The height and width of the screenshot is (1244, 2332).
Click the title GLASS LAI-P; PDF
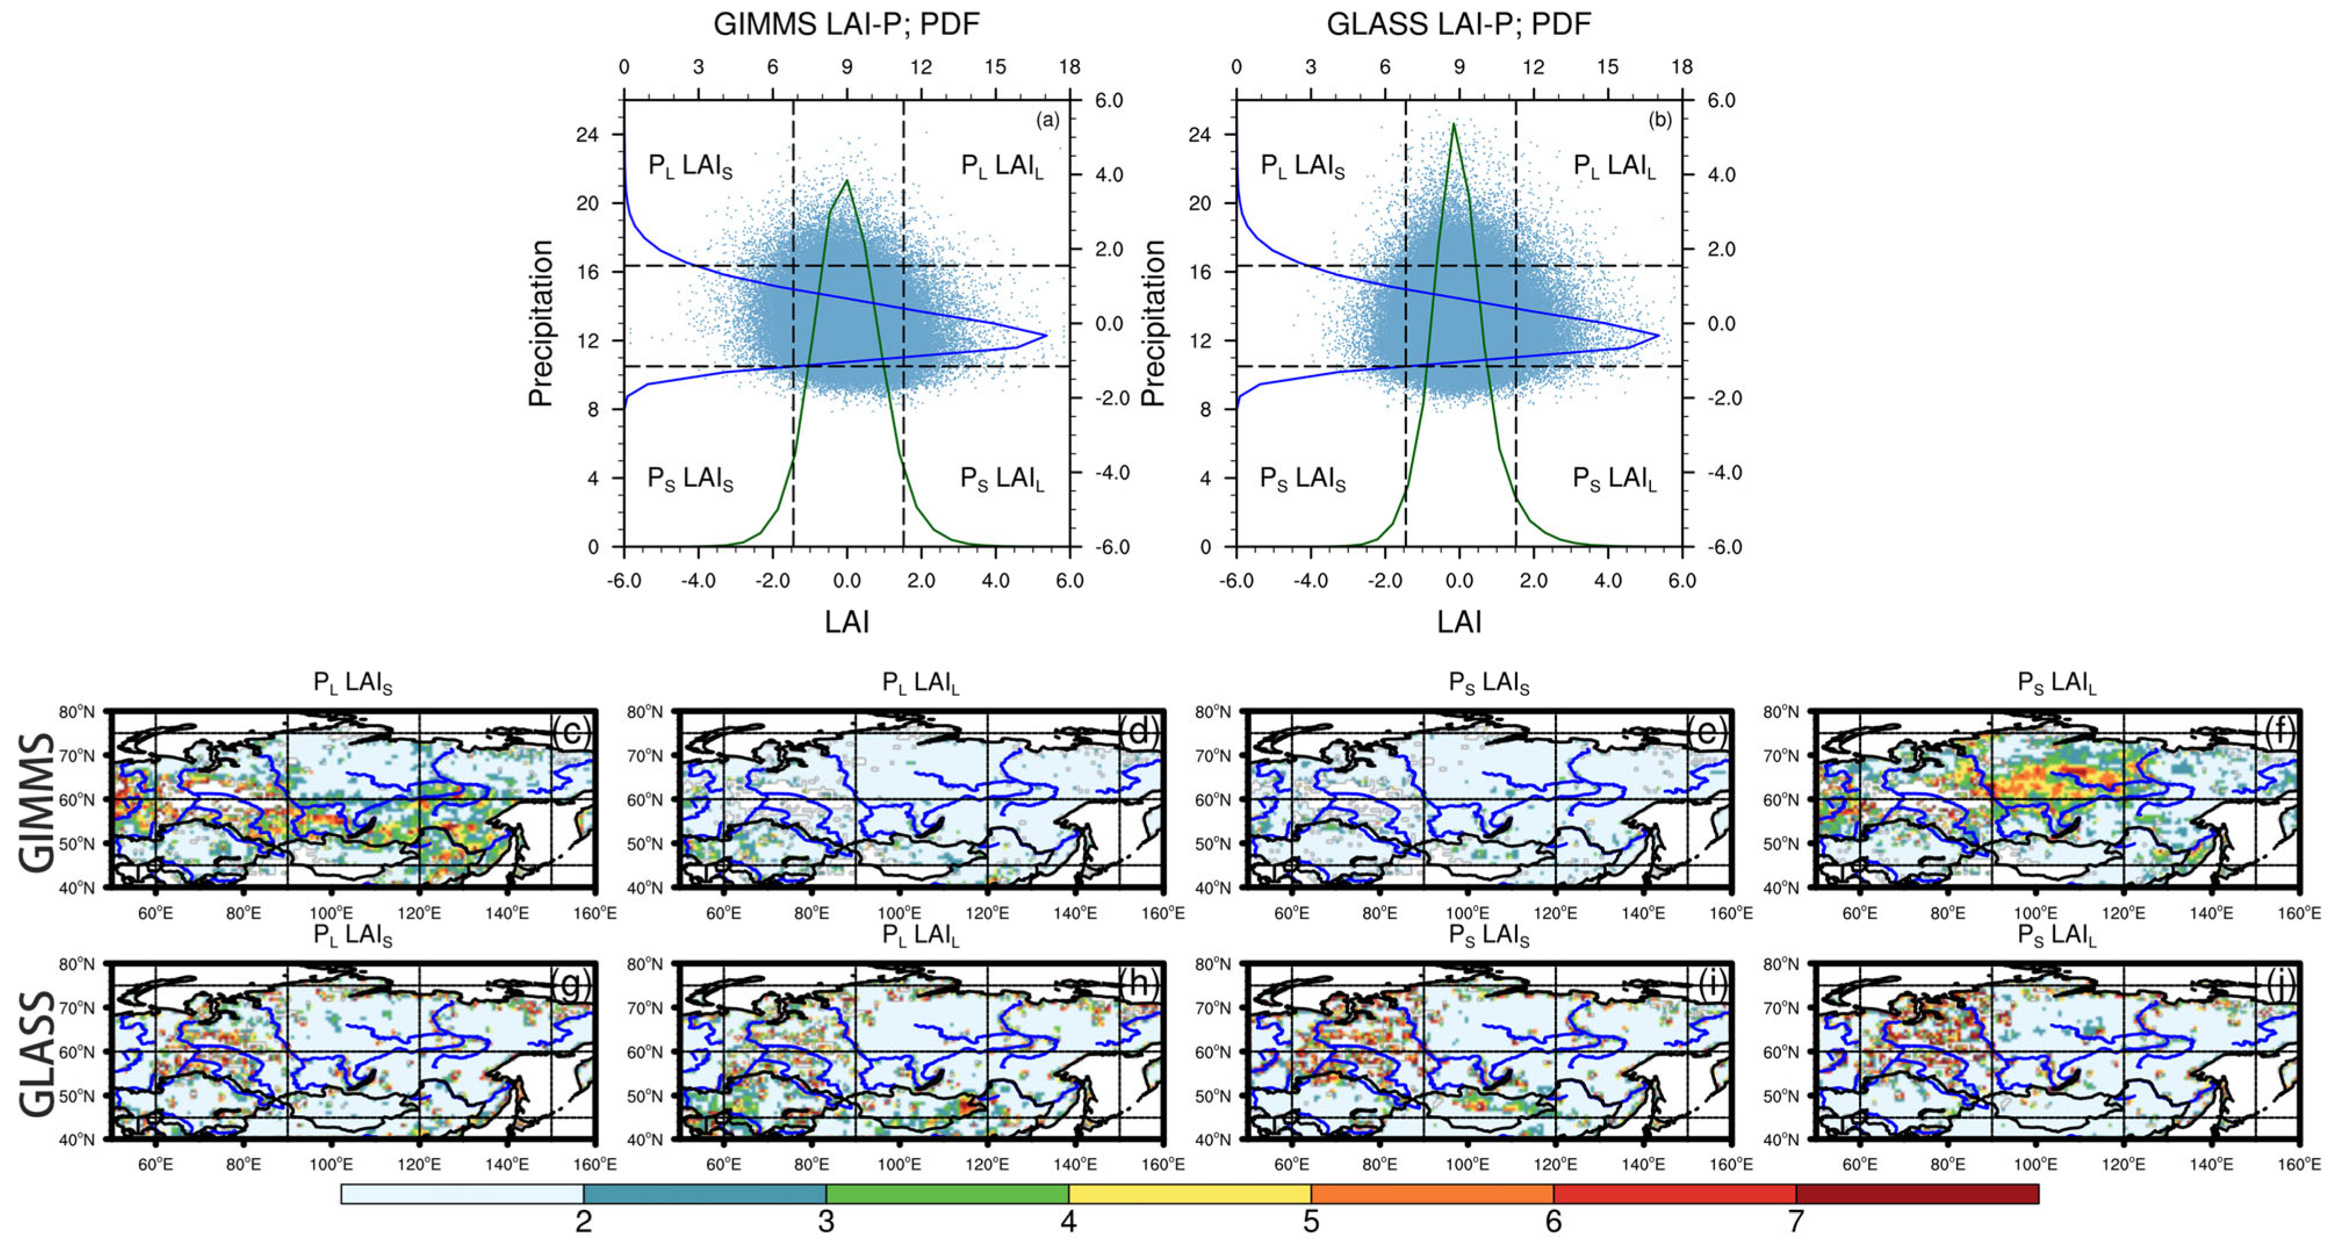(x=1458, y=24)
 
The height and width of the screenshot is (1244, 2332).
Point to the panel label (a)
(x=1047, y=120)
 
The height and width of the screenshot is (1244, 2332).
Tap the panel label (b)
(x=1659, y=120)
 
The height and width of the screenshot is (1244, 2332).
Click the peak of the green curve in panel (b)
(x=1453, y=124)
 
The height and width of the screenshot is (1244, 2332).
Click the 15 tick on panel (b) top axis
(x=1607, y=67)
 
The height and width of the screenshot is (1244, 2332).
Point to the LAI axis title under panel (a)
(x=846, y=621)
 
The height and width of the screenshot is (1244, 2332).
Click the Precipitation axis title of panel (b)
(x=1152, y=323)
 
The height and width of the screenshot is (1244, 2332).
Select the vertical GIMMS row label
(x=36, y=801)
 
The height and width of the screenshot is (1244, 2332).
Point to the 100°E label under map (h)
(x=898, y=1164)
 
